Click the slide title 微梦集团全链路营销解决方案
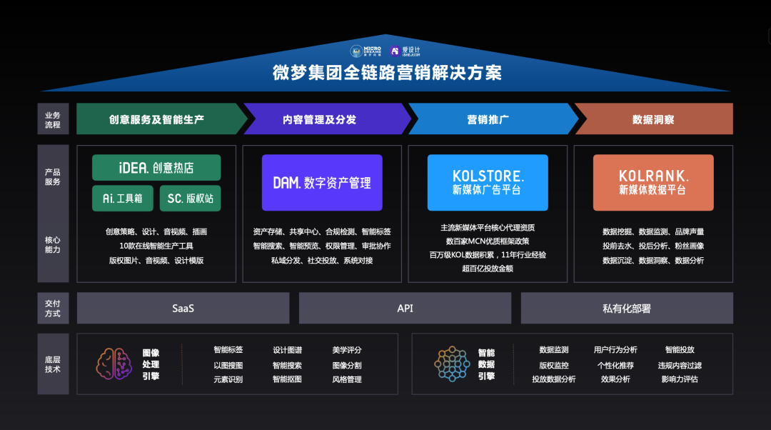point(386,73)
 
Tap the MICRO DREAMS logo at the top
point(367,51)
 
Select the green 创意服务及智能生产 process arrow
point(157,119)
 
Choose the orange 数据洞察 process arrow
point(653,119)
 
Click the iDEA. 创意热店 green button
point(156,168)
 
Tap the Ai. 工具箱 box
point(122,198)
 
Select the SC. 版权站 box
point(190,198)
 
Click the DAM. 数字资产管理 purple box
point(322,183)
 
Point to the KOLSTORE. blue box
point(488,183)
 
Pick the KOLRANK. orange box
point(653,183)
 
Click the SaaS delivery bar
point(183,309)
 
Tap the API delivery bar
point(405,309)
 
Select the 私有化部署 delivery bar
point(627,309)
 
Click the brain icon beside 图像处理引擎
point(114,364)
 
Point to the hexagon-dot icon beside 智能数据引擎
point(451,364)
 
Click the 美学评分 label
point(347,350)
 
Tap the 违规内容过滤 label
point(680,365)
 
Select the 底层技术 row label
point(52,364)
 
